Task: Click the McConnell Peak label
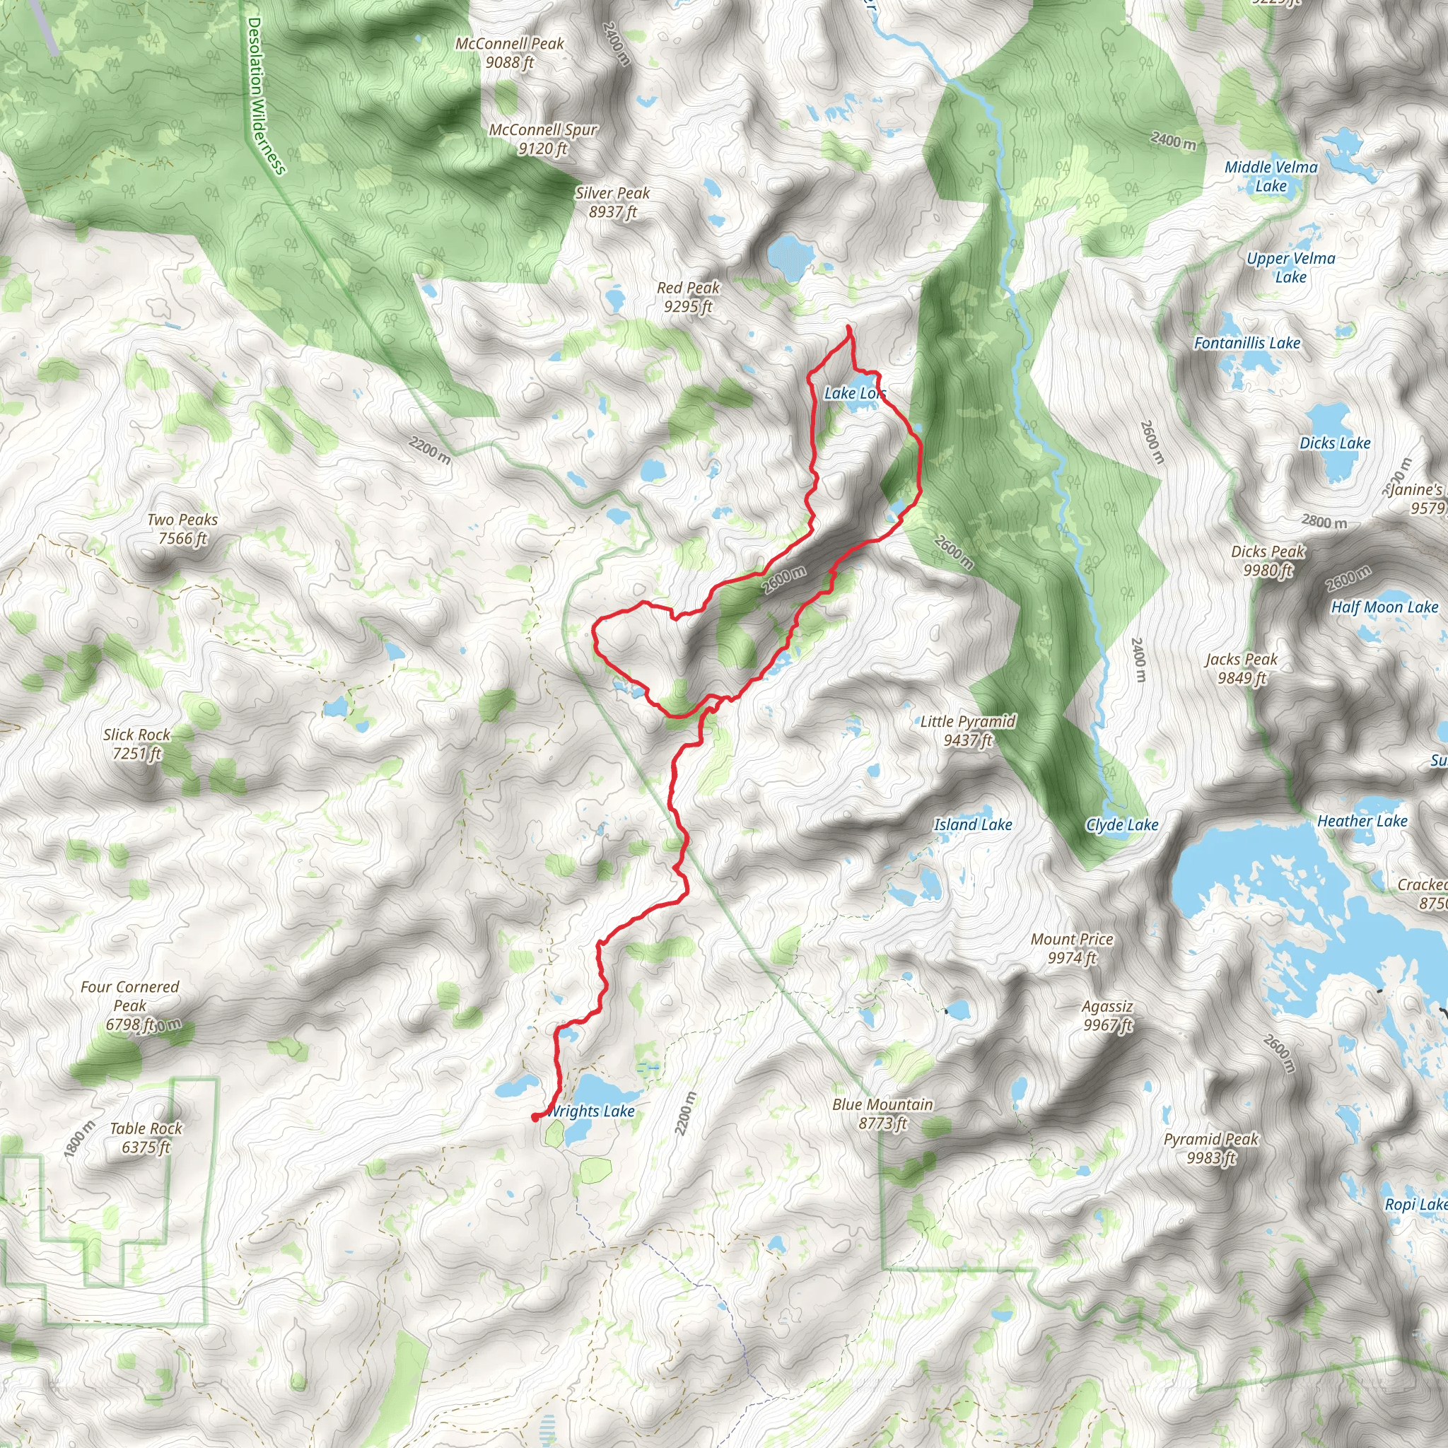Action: coord(510,53)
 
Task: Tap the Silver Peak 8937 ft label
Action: coord(612,202)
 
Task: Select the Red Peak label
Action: coord(688,297)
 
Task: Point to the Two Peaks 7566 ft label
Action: coord(182,528)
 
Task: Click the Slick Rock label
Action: coord(136,744)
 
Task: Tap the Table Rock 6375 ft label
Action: coord(146,1137)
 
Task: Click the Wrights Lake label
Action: coord(592,1111)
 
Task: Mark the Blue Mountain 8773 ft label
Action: coord(883,1113)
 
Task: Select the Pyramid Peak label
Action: coord(1211,1148)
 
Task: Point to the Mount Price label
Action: coord(1072,948)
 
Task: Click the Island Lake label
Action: coord(973,824)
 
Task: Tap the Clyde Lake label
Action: coord(1122,825)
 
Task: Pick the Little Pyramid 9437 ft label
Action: coord(968,730)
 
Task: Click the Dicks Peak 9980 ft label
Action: coord(1268,561)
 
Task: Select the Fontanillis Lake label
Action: coord(1247,343)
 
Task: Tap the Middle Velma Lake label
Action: coord(1271,176)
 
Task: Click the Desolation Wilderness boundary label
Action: coord(265,96)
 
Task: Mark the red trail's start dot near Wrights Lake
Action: coord(535,1118)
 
